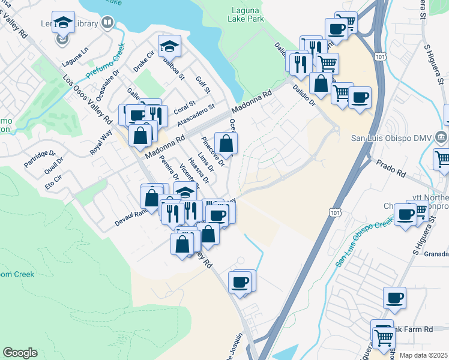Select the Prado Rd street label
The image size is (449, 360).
click(x=390, y=169)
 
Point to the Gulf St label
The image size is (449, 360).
click(x=203, y=85)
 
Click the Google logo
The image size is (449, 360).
click(x=20, y=353)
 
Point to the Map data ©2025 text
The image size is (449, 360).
click(x=423, y=355)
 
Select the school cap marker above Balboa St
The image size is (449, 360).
click(x=170, y=46)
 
